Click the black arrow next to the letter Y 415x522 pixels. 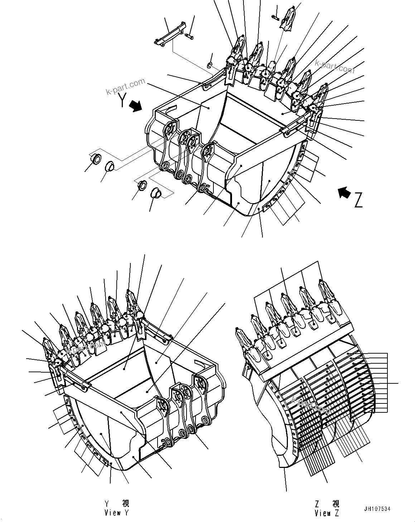136,106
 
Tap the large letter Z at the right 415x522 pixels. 358,200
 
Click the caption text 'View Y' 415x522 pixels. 116,513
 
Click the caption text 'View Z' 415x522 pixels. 327,513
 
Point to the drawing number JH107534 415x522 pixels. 377,508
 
